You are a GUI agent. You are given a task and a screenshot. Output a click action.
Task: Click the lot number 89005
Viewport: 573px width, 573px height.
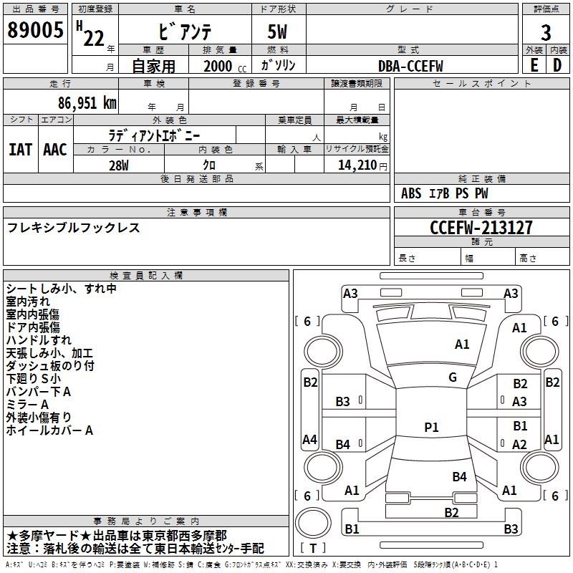click(x=35, y=30)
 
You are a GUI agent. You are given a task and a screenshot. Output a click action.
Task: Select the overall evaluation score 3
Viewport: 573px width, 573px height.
click(x=546, y=33)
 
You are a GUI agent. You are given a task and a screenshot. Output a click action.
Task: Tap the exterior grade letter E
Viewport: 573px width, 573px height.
click(x=534, y=65)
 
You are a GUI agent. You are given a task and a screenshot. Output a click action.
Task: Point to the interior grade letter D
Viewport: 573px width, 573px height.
click(x=557, y=65)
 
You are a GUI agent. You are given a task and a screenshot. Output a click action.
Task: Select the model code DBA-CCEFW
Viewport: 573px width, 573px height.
click(x=410, y=66)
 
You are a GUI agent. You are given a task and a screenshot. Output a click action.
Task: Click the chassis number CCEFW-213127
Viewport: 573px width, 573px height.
click(x=481, y=228)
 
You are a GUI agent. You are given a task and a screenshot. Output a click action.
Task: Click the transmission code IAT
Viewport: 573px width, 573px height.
click(x=20, y=149)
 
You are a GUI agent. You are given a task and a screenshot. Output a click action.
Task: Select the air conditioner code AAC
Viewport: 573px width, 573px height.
click(x=55, y=149)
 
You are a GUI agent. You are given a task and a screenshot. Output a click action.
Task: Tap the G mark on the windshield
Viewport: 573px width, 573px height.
click(x=453, y=377)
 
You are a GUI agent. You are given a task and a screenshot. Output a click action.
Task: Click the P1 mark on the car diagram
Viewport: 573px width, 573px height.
click(x=431, y=428)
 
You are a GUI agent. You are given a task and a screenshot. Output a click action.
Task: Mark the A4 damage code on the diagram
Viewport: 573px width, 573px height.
click(x=309, y=439)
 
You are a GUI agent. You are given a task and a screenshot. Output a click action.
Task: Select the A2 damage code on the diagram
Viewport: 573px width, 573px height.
click(x=520, y=444)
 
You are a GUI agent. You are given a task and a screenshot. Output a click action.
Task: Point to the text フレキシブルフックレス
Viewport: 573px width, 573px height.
click(x=74, y=228)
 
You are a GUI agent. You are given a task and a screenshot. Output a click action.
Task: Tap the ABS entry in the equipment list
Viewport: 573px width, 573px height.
click(x=411, y=193)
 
